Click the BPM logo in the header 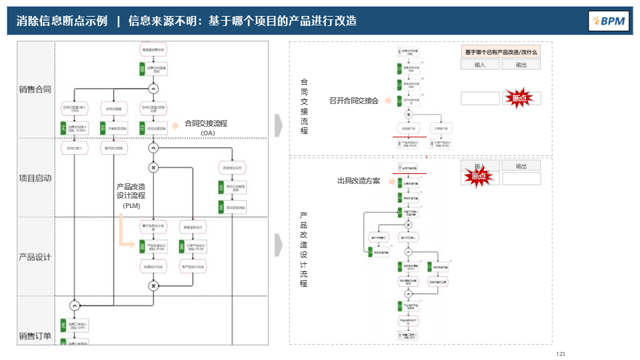609,21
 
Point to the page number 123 560,354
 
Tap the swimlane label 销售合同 35,89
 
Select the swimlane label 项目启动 35,178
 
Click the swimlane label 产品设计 35,257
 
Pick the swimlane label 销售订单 35,336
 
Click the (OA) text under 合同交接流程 207,133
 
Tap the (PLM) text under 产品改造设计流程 131,206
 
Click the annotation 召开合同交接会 353,101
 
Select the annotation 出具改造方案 358,181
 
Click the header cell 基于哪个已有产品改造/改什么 501,52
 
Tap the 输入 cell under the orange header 480,65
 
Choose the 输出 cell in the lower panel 521,166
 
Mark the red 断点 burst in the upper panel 519,98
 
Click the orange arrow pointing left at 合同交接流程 175,124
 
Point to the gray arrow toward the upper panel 279,123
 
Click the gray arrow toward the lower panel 279,245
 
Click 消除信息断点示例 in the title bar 62,21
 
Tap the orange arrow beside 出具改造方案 388,181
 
